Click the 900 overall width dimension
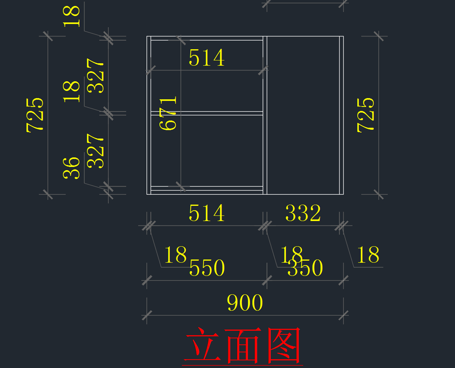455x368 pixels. coord(245,303)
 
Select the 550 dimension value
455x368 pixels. coord(207,268)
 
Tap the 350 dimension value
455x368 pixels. coord(305,268)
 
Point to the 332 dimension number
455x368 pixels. coord(303,213)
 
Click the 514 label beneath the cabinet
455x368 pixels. coord(207,213)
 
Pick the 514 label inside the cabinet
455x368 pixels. coord(207,58)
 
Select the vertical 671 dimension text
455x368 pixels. coord(169,113)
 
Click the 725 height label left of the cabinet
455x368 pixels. coord(35,115)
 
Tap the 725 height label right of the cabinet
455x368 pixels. coord(366,115)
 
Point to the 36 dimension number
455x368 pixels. coord(72,168)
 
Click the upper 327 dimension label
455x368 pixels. coord(96,76)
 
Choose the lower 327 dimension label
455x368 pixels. coord(96,151)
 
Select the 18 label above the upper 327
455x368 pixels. coord(72,16)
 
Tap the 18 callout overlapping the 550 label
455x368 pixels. coord(175,255)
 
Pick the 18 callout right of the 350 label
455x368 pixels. coord(368,255)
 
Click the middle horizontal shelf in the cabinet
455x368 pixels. coord(207,113)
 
